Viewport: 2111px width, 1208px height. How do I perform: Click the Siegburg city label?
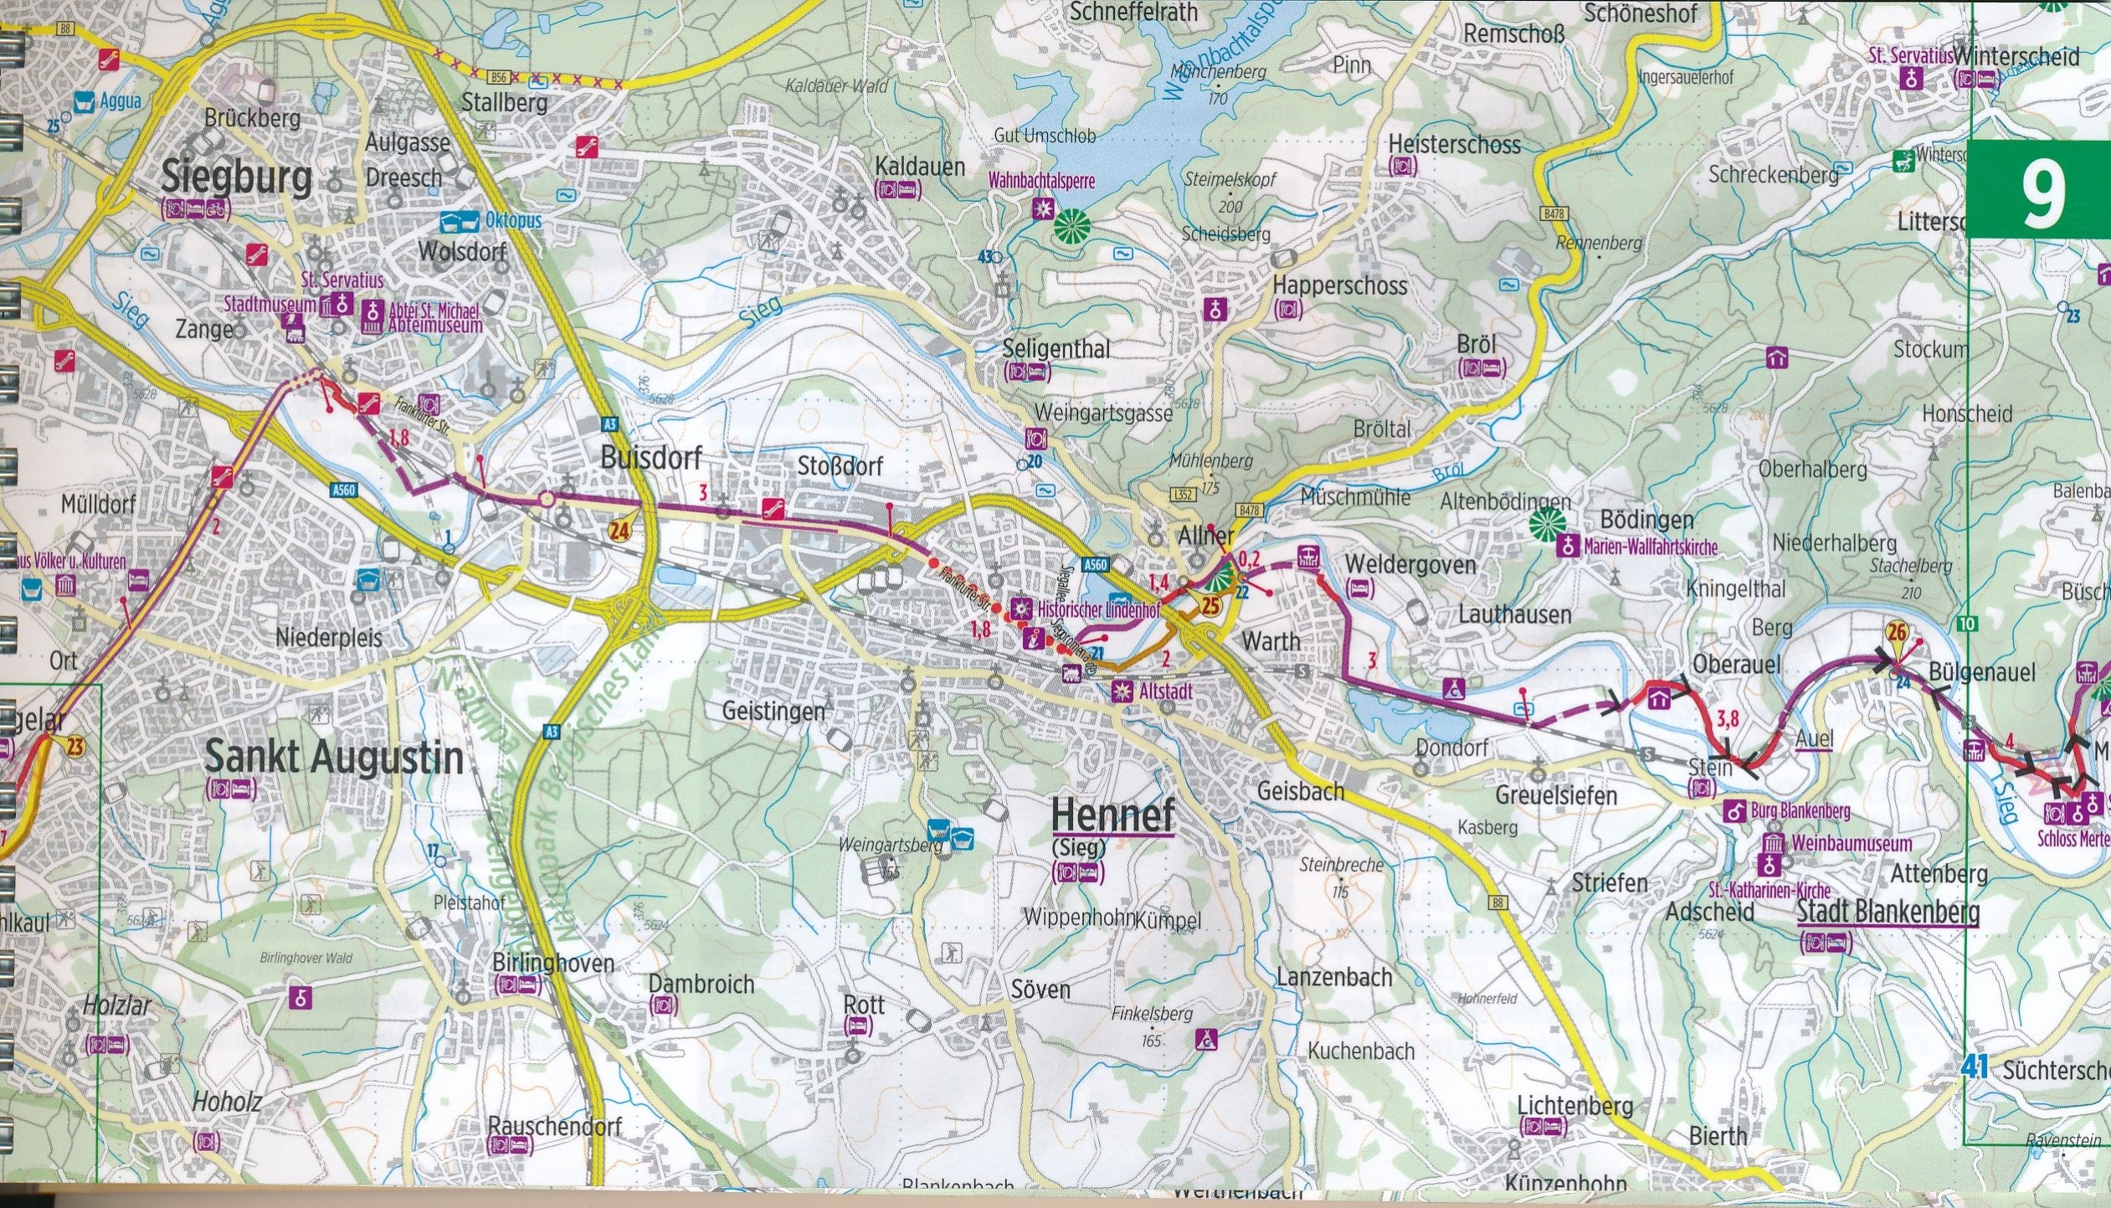236,178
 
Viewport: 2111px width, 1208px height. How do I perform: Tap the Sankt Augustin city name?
333,758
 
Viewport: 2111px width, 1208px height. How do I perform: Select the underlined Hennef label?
1112,814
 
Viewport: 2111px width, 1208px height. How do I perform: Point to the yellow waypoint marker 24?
619,529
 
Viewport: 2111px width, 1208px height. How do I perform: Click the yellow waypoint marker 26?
1897,633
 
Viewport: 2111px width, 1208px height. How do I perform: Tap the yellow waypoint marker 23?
75,745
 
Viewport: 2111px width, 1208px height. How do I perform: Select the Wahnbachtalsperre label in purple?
1041,180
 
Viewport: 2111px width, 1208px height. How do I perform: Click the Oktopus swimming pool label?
512,220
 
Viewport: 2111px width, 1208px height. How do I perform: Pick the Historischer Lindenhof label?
1098,609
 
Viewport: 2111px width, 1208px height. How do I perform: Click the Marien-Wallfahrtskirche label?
1650,547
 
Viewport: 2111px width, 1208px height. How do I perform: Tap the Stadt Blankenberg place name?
1888,912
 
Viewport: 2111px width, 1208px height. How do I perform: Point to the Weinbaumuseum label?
1852,843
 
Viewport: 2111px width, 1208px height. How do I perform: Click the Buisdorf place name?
651,458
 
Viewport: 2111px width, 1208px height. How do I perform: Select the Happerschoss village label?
1339,285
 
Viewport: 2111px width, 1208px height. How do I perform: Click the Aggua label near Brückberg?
121,101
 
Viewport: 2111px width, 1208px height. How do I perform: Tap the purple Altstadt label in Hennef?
1165,692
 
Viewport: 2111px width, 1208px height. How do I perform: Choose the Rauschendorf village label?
554,1126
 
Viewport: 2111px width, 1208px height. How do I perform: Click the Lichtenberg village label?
1574,1106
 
